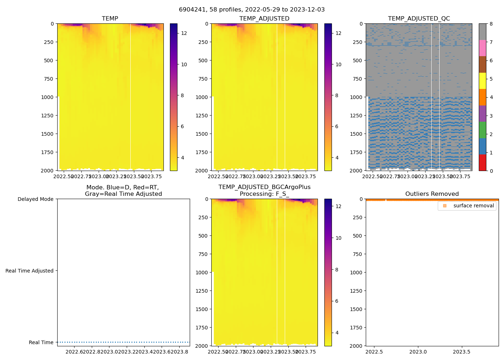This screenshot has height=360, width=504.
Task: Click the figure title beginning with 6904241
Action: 252,10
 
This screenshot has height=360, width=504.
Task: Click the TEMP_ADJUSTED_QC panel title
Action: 419,18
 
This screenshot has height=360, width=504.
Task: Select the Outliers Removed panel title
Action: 432,194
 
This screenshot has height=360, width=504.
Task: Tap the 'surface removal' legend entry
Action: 473,206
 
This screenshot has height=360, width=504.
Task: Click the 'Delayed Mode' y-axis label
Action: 35,199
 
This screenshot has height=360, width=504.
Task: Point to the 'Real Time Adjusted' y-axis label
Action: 29,271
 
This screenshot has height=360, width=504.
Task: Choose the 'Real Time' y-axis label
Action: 41,342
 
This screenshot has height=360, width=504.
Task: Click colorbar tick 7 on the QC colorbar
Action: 491,42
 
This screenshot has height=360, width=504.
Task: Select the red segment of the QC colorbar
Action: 482,163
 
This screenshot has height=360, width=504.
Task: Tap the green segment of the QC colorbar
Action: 482,130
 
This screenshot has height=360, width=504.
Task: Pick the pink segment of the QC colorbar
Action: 482,48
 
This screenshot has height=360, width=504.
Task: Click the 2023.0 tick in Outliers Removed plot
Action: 418,352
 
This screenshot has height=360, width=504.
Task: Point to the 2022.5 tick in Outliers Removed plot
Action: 374,352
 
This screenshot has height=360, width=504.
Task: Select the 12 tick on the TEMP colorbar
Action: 184,33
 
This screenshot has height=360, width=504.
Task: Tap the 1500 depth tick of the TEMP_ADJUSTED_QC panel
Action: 356,134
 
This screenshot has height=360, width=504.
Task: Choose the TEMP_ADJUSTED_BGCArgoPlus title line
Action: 264,187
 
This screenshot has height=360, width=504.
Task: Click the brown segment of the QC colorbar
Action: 482,64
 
